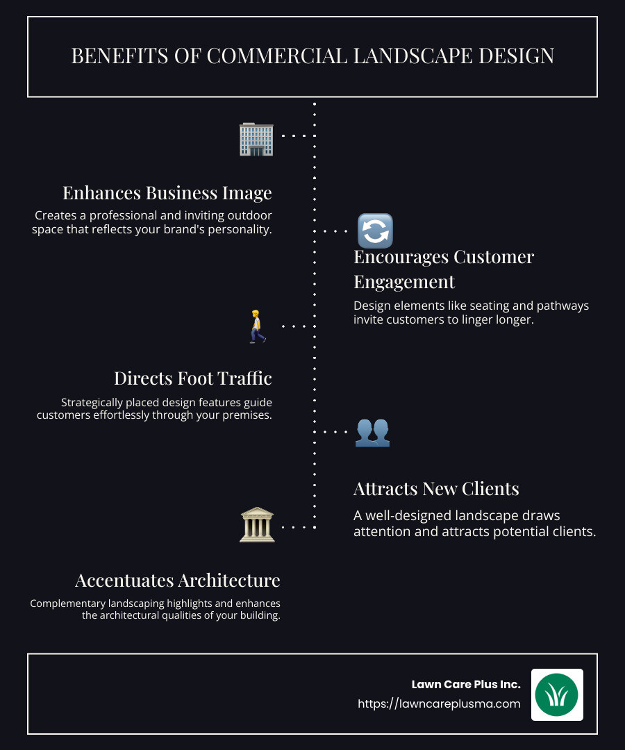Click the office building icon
[x=256, y=139]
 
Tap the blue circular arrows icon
[x=376, y=231]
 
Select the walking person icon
[x=257, y=326]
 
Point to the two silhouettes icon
[x=372, y=433]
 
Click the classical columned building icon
[x=257, y=525]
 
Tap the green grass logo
[x=557, y=694]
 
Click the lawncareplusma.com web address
[x=439, y=703]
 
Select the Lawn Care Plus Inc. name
[x=466, y=685]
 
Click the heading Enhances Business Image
[x=167, y=193]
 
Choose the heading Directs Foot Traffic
[x=193, y=378]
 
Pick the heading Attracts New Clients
[x=436, y=489]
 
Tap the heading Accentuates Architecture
[x=178, y=581]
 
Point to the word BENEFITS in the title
[x=119, y=56]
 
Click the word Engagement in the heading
[x=404, y=282]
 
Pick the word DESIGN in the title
[x=517, y=56]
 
